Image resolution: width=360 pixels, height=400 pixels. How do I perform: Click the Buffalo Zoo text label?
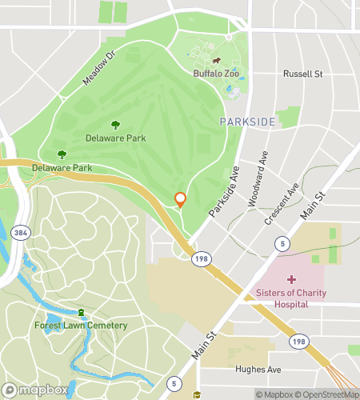216,74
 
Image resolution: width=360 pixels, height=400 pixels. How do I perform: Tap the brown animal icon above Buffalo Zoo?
216,61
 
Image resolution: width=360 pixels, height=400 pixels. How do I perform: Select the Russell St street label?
302,74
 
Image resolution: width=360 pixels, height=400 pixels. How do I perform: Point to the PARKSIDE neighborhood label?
247,122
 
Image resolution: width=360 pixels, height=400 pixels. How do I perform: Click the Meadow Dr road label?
98,67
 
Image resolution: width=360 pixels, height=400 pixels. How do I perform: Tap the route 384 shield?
19,233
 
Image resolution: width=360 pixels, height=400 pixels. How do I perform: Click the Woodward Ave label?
258,179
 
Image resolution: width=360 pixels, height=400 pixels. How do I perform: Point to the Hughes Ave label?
258,370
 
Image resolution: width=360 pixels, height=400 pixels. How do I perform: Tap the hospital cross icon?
291,279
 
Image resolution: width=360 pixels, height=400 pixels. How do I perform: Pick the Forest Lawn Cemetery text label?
81,325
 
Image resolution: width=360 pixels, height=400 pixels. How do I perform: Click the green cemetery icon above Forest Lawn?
81,312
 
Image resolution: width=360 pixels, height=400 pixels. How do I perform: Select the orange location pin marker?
181,199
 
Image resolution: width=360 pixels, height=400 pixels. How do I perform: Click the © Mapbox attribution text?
274,394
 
